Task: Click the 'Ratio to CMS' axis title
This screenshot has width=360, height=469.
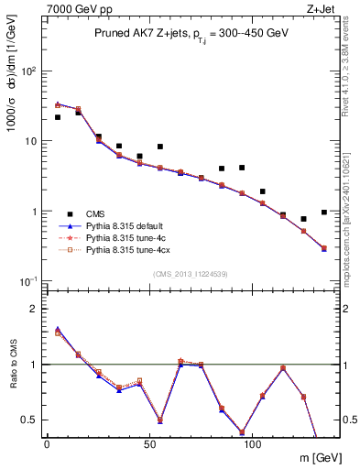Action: click(x=13, y=365)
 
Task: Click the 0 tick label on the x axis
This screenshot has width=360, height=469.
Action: click(x=47, y=444)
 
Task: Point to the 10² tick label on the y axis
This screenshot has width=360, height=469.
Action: click(x=27, y=71)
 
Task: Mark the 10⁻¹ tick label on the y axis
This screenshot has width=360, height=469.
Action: click(x=27, y=281)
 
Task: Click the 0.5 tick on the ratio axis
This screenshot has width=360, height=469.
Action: click(x=27, y=420)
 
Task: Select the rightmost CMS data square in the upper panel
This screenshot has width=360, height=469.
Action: click(x=324, y=213)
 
